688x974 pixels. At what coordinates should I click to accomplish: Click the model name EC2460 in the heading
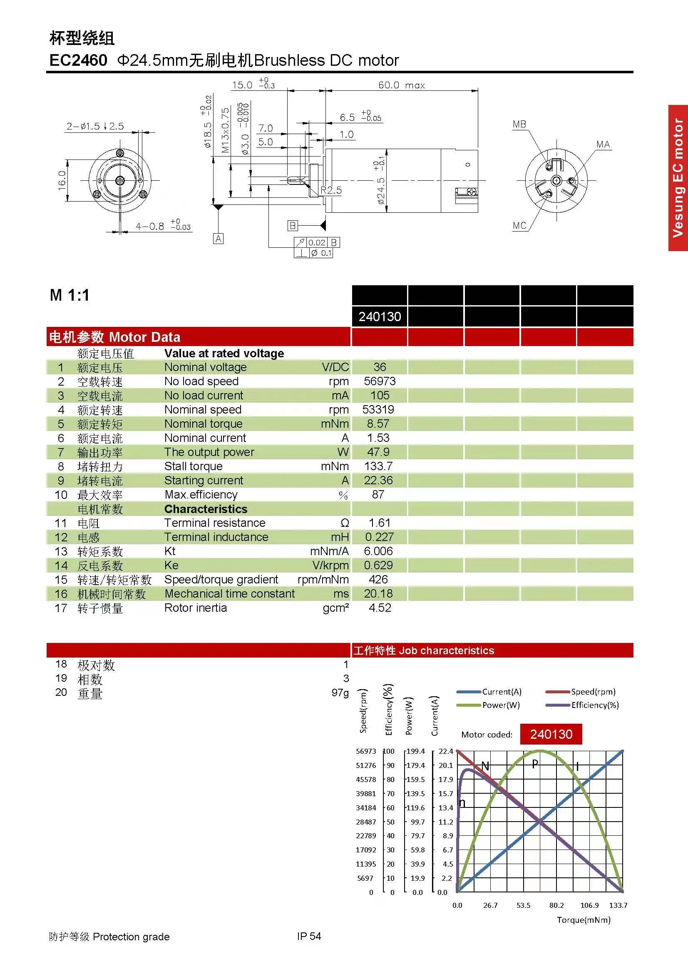coord(78,60)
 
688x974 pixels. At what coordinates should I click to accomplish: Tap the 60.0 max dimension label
coord(401,85)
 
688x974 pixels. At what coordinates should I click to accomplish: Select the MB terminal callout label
coord(519,124)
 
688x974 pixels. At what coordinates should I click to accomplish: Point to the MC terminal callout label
coord(519,225)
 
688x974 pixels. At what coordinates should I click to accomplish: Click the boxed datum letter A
coord(218,239)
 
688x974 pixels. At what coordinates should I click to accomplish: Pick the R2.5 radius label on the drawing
coord(330,190)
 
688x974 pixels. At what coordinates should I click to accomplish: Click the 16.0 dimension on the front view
coord(62,180)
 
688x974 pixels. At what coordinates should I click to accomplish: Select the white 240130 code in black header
coord(380,316)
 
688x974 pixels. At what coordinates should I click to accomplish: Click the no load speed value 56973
coord(380,381)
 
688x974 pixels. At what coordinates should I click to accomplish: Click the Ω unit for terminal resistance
coord(345,523)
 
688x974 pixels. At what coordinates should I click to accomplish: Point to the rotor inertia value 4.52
coord(380,608)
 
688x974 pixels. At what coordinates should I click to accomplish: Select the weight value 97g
coord(340,693)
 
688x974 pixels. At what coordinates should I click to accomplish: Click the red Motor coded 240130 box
coord(551,734)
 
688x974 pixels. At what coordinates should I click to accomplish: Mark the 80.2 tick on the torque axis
coord(556,905)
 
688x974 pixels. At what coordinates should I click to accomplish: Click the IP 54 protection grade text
coord(309,936)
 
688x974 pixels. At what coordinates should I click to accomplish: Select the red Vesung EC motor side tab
coord(678,178)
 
